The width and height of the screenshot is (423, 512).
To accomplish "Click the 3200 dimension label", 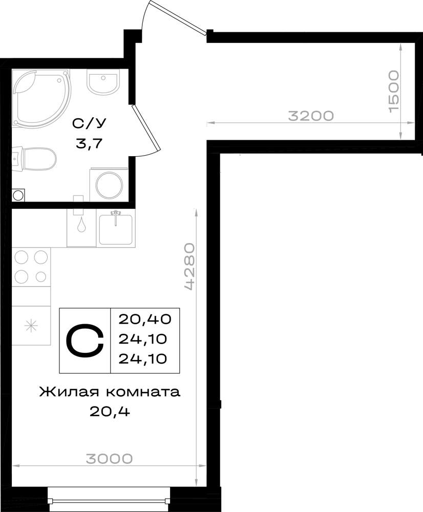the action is (x=311, y=116).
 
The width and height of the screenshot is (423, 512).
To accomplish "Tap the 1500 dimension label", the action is (x=394, y=91).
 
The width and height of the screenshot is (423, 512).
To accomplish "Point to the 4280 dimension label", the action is (x=189, y=266).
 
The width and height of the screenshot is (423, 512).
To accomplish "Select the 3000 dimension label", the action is (x=110, y=458).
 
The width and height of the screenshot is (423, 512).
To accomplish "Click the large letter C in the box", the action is (x=85, y=340).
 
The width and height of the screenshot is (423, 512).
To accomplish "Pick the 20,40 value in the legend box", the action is (x=145, y=319).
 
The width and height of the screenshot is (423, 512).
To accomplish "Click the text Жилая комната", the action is (x=110, y=392).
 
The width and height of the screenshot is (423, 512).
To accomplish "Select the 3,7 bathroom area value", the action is (x=89, y=143).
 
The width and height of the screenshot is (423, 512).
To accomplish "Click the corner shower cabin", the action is (x=41, y=97).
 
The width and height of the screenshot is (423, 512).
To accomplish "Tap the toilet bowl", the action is (x=34, y=159).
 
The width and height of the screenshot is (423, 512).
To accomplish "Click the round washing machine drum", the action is (x=110, y=185).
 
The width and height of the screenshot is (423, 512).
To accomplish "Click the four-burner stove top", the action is (x=31, y=267).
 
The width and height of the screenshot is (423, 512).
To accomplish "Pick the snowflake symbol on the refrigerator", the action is (x=32, y=326).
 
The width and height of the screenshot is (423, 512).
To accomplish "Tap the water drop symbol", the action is (x=81, y=225).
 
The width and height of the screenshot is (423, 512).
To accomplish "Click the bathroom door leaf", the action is (x=145, y=128).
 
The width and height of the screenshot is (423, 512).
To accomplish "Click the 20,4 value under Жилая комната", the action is (x=110, y=412).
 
